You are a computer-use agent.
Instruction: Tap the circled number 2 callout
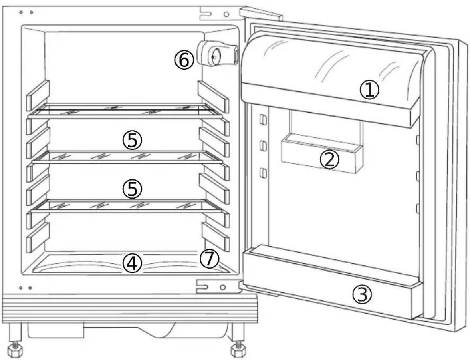pos(329,160)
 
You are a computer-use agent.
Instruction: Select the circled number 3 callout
pos(362,295)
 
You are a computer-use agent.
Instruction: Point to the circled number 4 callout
pos(132,264)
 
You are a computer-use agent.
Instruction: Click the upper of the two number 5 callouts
pos(132,140)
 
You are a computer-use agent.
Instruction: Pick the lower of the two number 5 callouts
pos(132,189)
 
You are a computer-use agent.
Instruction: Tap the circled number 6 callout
pos(184,60)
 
